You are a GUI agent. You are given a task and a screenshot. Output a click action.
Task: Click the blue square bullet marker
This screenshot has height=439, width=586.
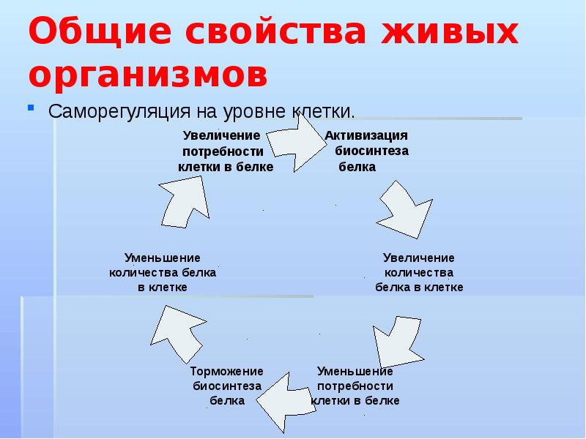31,108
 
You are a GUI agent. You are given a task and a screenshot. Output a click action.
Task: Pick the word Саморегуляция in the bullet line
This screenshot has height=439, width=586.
120,112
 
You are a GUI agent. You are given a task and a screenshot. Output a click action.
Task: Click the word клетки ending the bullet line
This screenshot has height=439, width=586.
323,112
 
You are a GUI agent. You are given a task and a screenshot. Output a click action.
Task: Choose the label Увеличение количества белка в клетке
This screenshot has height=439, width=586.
419,272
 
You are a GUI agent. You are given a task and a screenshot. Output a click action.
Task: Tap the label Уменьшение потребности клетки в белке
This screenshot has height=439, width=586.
356,386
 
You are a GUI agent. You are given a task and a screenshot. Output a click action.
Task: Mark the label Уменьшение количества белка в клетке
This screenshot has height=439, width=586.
163,272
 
